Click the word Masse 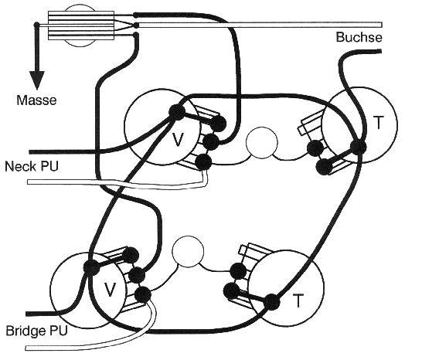(36, 100)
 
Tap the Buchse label (359, 37)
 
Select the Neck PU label (32, 166)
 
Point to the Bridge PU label (36, 331)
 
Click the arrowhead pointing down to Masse (37, 80)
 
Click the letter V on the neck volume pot (177, 140)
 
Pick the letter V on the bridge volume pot (110, 290)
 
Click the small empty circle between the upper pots (261, 143)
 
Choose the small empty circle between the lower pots (188, 252)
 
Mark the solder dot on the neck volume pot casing (177, 112)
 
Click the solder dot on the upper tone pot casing (358, 148)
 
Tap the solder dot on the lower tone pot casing (272, 302)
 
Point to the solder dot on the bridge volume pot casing (91, 267)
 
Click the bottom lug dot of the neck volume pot (203, 162)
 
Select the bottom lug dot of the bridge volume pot (143, 294)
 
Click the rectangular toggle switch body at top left (81, 25)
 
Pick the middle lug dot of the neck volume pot (211, 141)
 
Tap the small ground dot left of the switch (36, 25)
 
